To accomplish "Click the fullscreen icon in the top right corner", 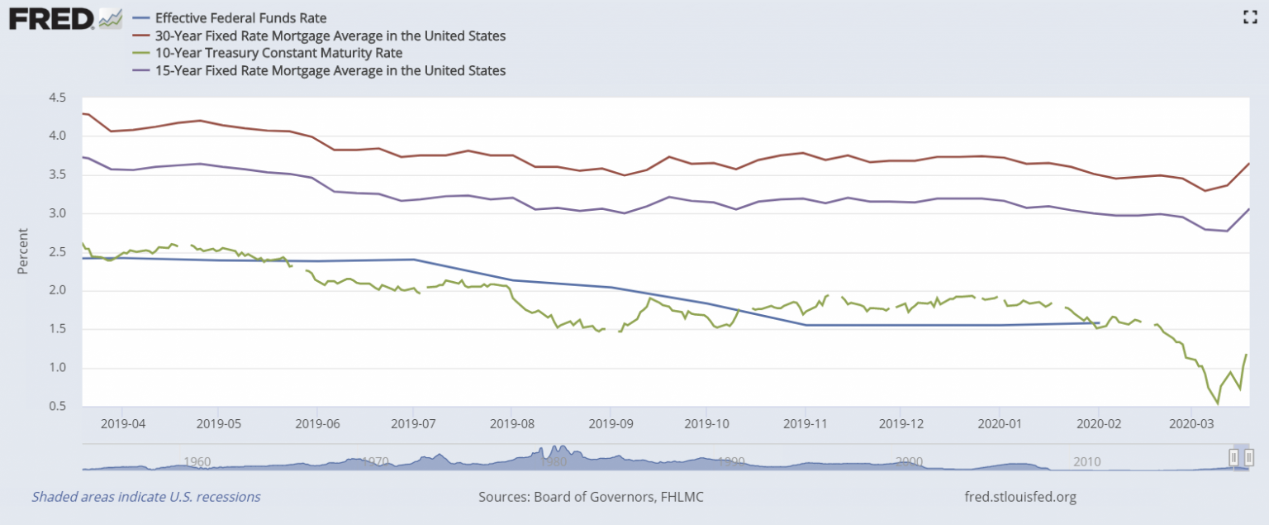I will click(x=1249, y=17).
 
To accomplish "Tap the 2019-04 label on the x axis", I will click(x=122, y=423).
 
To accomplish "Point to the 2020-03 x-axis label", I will click(x=1191, y=423).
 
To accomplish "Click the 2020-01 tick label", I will click(x=1000, y=423).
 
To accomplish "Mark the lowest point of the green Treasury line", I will click(x=1218, y=403).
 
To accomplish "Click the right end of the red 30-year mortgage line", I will click(x=1248, y=164).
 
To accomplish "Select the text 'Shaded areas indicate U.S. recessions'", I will click(x=146, y=497).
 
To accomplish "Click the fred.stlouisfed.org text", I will click(x=1020, y=497).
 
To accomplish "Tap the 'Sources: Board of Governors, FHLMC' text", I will click(x=591, y=497).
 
